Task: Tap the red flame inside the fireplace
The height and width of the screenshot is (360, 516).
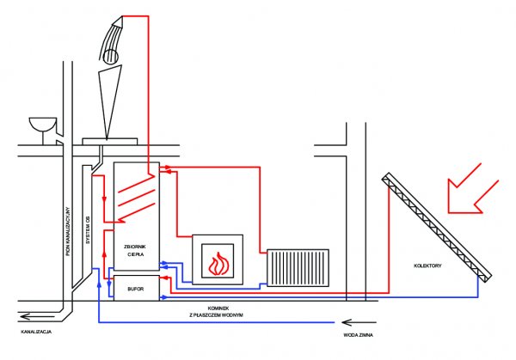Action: coord(218,264)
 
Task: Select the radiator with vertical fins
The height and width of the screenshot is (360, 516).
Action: coord(298,267)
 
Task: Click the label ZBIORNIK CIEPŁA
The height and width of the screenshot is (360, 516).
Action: coord(135,250)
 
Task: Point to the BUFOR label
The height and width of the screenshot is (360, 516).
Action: coord(136,289)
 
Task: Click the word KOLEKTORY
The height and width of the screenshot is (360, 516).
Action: coord(427,265)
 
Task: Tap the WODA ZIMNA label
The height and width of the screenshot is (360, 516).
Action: coord(358,335)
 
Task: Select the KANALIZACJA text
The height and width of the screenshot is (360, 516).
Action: coord(36,332)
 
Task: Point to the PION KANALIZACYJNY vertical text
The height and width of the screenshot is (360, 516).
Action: coord(68,231)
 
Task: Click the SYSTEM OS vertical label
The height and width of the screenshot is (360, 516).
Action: coord(88,229)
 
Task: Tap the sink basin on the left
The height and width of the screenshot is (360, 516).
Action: coord(43,125)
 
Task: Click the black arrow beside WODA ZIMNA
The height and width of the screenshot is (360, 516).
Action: coord(359,322)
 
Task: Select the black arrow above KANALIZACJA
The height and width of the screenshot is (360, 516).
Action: coord(37,316)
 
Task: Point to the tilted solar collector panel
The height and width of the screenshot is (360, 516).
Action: coord(437,227)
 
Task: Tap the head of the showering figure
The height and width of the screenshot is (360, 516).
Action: coord(110,56)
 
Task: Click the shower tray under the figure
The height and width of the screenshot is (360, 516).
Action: coord(109,142)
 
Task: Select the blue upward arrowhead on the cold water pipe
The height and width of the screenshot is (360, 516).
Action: coord(99,284)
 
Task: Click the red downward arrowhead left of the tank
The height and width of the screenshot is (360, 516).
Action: coord(105,199)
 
